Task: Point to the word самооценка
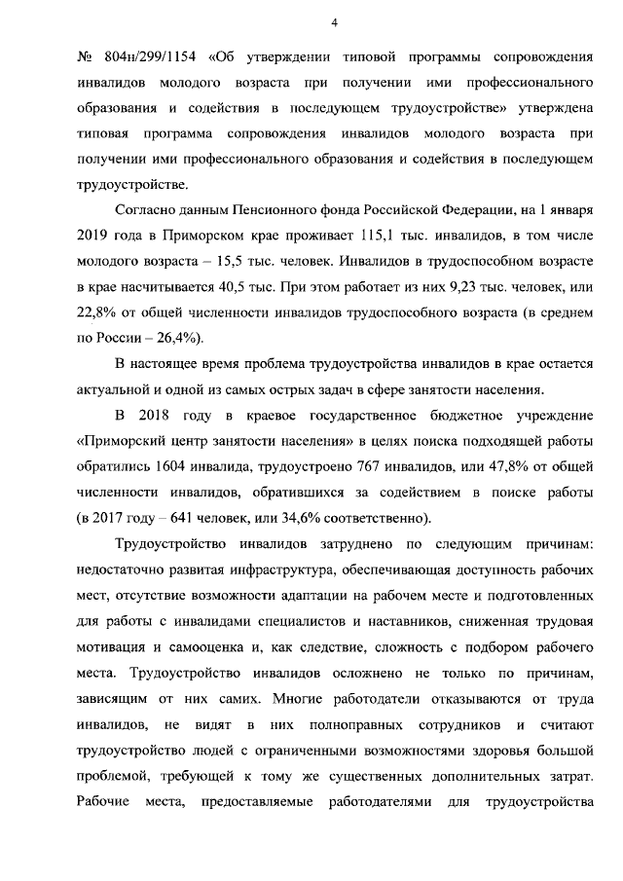coord(195,647)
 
